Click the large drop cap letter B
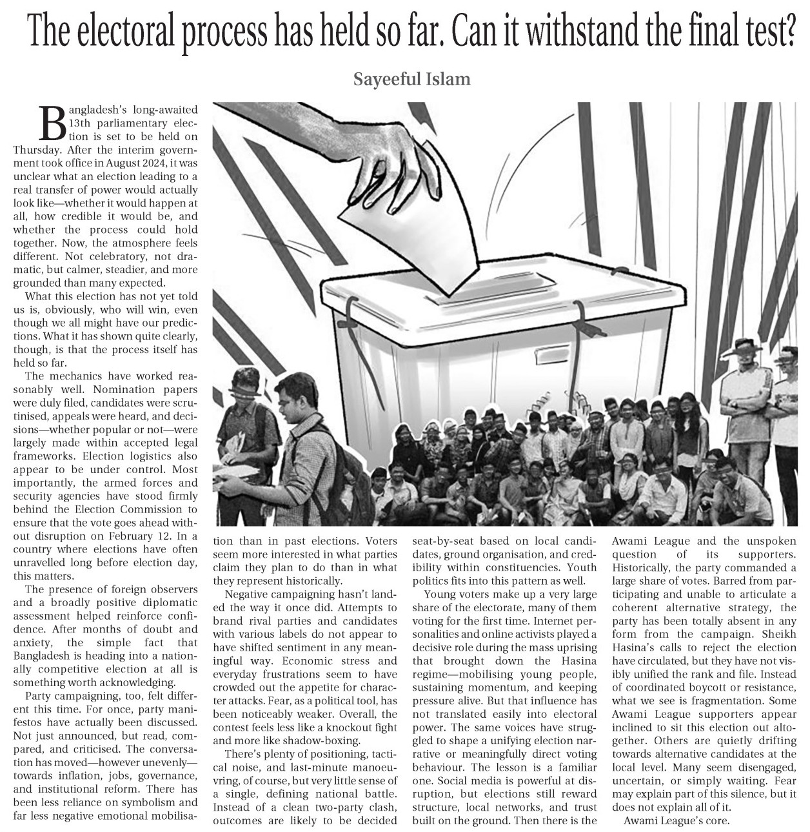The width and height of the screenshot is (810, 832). [x=53, y=123]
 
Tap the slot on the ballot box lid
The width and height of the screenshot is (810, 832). [x=490, y=289]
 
